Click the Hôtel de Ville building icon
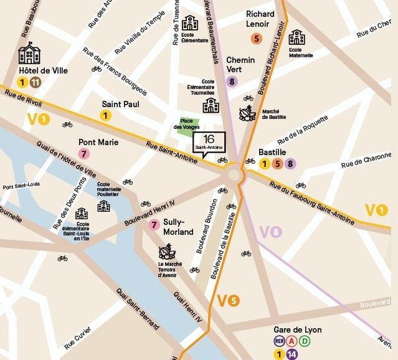[29, 55]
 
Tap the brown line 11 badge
[36, 82]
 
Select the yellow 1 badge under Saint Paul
[106, 115]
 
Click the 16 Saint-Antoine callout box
[208, 143]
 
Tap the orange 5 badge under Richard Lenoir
[256, 39]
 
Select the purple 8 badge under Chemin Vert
[232, 81]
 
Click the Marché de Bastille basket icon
[247, 114]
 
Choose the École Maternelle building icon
[296, 37]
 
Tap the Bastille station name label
[272, 153]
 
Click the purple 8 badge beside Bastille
[290, 164]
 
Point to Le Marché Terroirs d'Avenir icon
[166, 252]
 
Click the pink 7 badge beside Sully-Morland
[154, 225]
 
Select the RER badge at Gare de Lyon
[280, 341]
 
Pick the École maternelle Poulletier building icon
[103, 206]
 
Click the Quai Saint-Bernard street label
[136, 311]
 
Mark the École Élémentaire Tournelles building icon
[211, 105]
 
